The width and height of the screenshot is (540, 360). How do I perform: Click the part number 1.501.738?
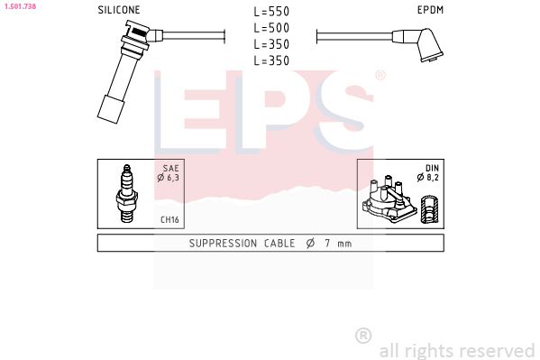19,5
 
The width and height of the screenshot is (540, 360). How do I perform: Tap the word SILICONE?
119,11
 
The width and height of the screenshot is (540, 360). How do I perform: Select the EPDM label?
429,11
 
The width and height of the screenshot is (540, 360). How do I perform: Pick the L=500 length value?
270,29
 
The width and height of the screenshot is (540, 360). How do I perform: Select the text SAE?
170,169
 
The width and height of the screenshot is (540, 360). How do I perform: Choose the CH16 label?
169,218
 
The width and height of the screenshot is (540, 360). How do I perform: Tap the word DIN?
432,169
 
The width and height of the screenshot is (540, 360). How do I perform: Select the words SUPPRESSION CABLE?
237,244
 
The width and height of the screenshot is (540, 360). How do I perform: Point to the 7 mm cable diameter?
333,244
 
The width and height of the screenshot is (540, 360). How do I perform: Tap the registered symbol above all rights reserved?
363,335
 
